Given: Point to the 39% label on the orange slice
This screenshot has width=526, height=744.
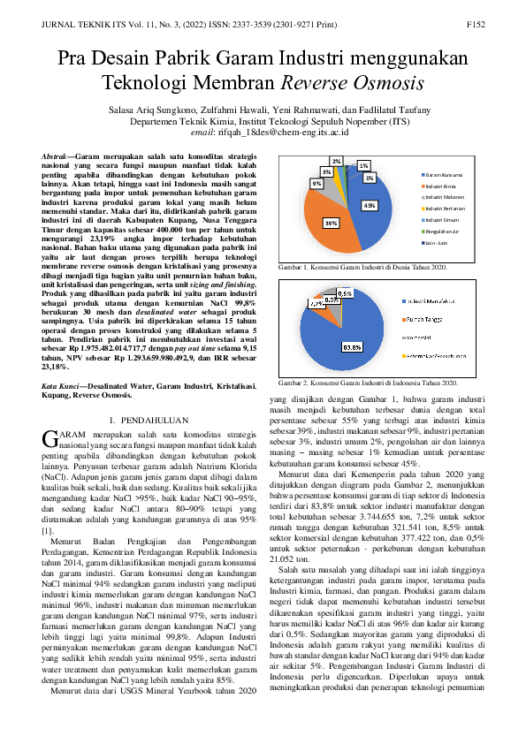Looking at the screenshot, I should [331, 223].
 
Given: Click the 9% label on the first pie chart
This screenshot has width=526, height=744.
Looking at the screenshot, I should [316, 183].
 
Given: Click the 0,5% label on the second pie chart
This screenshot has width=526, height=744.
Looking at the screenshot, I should [345, 292].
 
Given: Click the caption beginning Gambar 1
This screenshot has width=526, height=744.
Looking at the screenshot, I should [362, 267].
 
